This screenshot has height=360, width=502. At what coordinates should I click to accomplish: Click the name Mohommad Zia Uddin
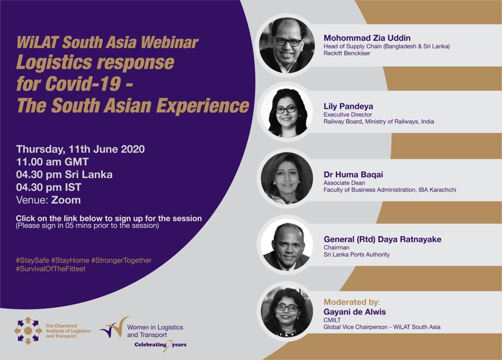click(367, 38)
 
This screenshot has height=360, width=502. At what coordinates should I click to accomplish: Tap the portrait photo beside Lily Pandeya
click(287, 112)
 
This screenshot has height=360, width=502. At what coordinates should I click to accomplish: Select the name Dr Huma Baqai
click(353, 175)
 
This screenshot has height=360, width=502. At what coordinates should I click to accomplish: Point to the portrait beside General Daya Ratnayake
click(287, 246)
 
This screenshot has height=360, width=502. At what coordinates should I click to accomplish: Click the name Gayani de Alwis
click(355, 312)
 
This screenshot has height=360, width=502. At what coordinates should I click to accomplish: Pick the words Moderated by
click(351, 302)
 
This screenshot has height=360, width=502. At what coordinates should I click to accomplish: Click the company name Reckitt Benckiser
click(347, 53)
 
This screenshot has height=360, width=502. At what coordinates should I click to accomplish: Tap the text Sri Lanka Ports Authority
click(357, 255)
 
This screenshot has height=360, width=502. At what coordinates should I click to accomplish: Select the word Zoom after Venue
click(66, 200)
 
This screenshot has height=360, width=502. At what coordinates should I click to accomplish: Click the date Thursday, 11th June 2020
click(80, 149)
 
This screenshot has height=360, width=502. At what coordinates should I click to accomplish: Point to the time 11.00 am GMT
click(52, 162)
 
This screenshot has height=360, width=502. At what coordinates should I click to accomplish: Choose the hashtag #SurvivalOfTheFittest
click(50, 269)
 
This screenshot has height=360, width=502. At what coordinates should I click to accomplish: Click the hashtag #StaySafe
click(32, 261)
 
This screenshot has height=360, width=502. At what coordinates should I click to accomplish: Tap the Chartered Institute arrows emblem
click(28, 331)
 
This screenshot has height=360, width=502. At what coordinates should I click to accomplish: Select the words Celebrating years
click(160, 345)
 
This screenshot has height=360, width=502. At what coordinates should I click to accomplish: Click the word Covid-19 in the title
click(83, 84)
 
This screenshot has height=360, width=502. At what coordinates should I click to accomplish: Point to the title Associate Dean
click(344, 183)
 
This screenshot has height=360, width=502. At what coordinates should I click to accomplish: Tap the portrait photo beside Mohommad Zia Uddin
click(287, 46)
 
